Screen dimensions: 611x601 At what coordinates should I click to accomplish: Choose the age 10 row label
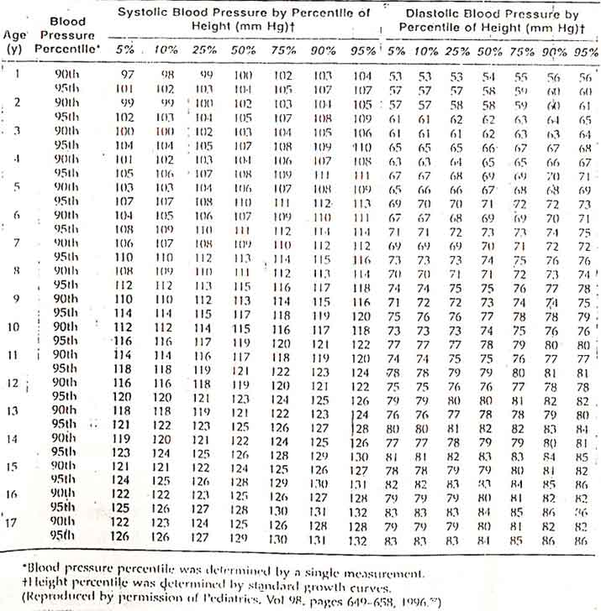tap(14, 326)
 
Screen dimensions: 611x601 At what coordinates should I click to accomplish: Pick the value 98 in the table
tap(166, 75)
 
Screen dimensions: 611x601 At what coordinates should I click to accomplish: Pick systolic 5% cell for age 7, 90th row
tap(125, 243)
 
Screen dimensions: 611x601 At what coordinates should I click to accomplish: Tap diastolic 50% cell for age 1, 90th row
tap(488, 76)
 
